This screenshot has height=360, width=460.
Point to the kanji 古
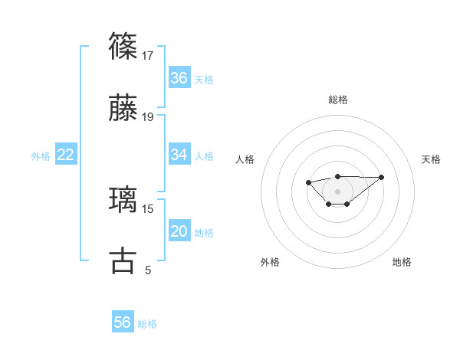coord(123,261)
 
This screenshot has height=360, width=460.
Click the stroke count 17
coord(149,55)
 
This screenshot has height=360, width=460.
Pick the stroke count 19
coord(149,117)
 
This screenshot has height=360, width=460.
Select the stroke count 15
coord(149,208)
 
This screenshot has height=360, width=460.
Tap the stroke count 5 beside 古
coord(148,270)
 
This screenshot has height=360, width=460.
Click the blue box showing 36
coord(179,78)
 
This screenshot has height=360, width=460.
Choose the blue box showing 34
coord(179,155)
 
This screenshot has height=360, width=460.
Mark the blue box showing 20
coord(179,232)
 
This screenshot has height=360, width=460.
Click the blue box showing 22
coord(66,155)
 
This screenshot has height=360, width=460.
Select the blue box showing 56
coord(123,322)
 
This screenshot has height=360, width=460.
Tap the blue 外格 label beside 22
coord(41,156)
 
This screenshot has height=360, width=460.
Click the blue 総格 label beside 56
coord(147,324)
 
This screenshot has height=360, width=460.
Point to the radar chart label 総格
coord(338,100)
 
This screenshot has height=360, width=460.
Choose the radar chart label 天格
coord(431,159)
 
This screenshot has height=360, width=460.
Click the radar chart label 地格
coord(402,262)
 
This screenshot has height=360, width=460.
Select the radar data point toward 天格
coord(382,177)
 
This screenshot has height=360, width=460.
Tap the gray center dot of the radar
coord(338,191)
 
